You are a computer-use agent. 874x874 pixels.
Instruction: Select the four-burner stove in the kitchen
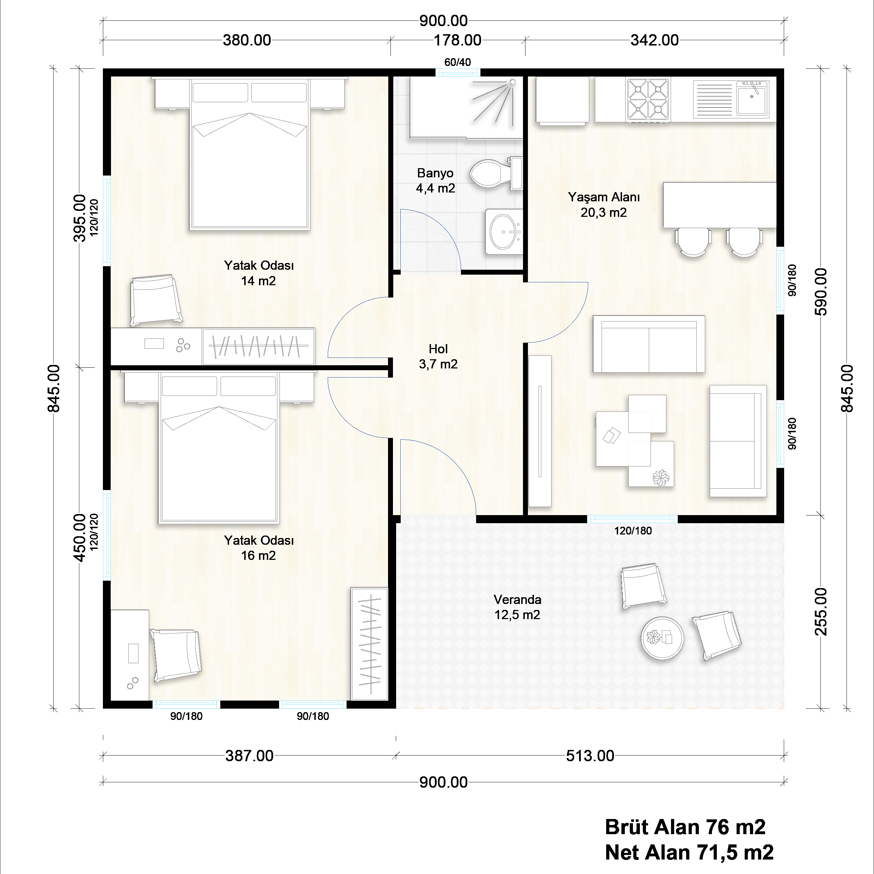(x=648, y=99)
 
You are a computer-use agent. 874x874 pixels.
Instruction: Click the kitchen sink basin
(x=752, y=99)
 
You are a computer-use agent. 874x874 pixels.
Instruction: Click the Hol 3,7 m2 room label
(x=438, y=356)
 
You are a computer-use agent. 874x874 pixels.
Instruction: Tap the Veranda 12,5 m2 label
(x=517, y=607)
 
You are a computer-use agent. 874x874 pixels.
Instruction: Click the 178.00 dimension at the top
(x=457, y=40)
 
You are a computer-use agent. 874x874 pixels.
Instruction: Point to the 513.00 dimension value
(x=590, y=756)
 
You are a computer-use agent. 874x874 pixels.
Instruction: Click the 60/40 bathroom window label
(x=457, y=62)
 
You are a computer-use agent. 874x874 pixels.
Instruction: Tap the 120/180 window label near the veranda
(x=633, y=531)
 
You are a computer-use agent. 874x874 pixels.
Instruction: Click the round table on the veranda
(x=662, y=638)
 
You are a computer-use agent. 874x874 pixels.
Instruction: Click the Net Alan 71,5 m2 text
(x=689, y=852)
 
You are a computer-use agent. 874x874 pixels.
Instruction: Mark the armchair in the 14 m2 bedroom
(x=156, y=300)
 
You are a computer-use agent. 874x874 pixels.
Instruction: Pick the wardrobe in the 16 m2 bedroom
(x=369, y=644)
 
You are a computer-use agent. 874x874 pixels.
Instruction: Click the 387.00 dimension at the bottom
(x=249, y=756)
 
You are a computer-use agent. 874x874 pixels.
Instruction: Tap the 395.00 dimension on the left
(x=80, y=218)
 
